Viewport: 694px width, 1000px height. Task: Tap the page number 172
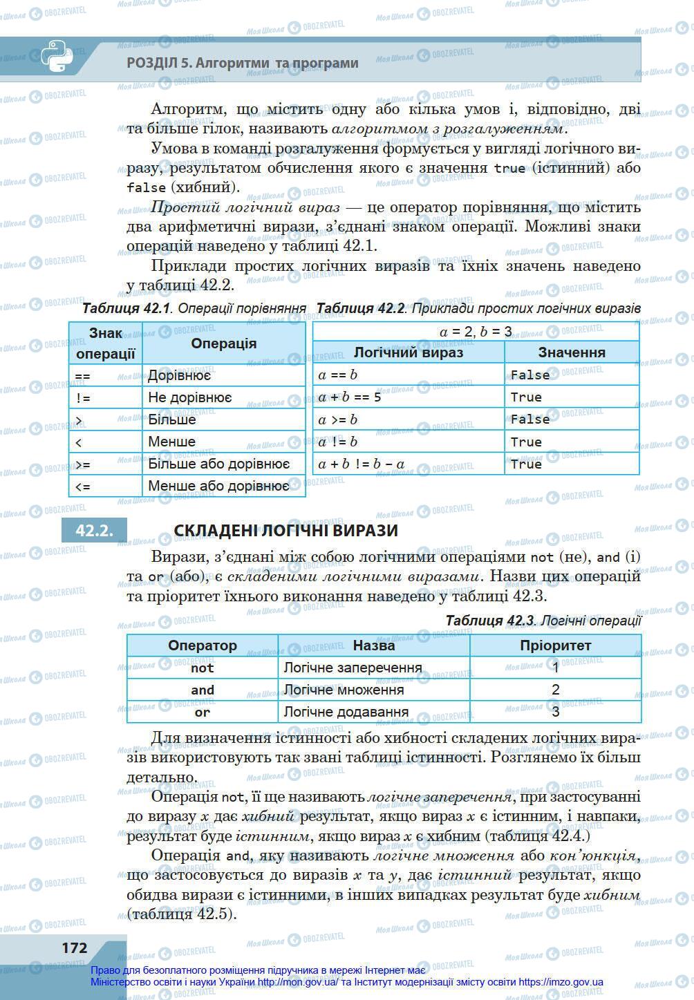pos(75,947)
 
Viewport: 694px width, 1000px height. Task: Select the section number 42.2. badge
pos(94,530)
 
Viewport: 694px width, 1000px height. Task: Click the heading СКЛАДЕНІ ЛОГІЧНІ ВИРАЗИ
pos(285,530)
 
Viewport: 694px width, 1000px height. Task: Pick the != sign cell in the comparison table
pos(83,398)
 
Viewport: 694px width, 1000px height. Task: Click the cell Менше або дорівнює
pos(218,486)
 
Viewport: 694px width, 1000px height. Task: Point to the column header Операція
pos(223,343)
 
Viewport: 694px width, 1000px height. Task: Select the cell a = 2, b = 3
pos(476,331)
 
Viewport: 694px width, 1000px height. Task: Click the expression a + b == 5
pos(350,397)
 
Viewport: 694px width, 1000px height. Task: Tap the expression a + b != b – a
pos(362,464)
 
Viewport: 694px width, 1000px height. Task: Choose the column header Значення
pos(571,352)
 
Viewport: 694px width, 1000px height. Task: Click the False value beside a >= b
pos(530,419)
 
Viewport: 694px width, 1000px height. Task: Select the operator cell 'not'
pos(203,668)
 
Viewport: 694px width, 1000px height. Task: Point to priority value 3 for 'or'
pos(555,712)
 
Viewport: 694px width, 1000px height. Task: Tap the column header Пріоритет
pos(555,645)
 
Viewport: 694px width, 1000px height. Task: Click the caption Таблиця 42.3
pos(489,621)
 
